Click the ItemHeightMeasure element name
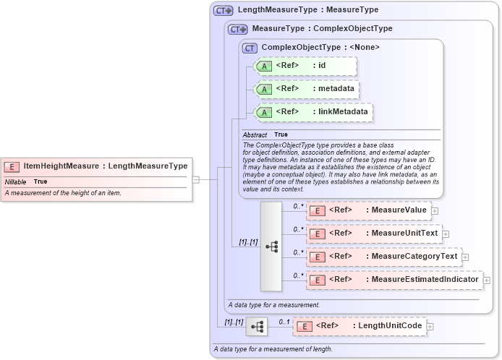[61, 166]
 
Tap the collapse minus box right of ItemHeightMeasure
[195, 179]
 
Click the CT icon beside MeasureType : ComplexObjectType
[237, 29]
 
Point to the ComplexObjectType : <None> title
[320, 48]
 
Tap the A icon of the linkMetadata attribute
[264, 112]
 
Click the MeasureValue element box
[368, 210]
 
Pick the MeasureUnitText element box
[373, 233]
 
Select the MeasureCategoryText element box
[383, 257]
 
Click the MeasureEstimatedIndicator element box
[393, 280]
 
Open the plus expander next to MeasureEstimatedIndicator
[487, 280]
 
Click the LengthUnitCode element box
[360, 326]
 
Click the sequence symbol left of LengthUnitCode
[256, 327]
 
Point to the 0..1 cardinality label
[284, 321]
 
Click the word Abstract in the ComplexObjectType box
[255, 135]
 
